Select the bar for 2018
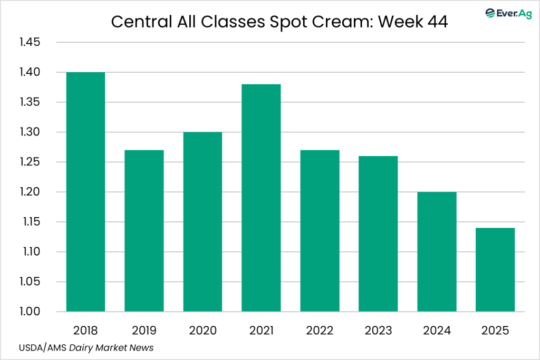coord(85,192)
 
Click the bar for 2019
coord(144,231)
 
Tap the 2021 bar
coord(261,198)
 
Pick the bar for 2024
coord(437,252)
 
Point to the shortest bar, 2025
coord(495,270)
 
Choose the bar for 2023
coord(378,234)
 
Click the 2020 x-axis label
coord(202,330)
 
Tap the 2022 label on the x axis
coord(320,330)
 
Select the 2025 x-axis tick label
coord(495,330)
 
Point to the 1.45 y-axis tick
coord(30,42)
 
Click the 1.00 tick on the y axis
coord(30,312)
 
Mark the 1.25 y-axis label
coord(30,162)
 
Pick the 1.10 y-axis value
coord(30,252)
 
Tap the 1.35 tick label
coord(30,102)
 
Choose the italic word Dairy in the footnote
coord(79,348)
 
